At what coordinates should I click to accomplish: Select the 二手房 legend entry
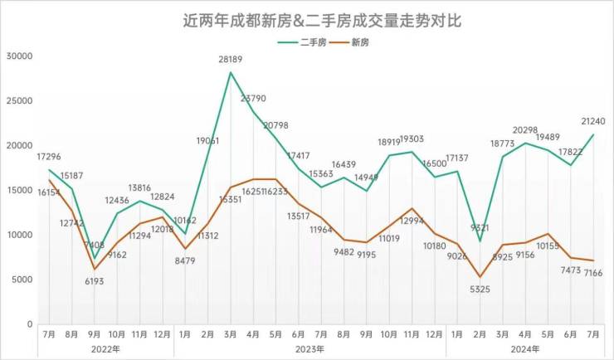pyautogui.click(x=302, y=41)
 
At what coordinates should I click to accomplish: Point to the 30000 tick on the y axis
pyautogui.click(x=18, y=56)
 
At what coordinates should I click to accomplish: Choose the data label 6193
pyautogui.click(x=96, y=282)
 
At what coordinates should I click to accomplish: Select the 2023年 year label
pyautogui.click(x=309, y=349)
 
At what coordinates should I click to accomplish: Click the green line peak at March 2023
pyautogui.click(x=231, y=72)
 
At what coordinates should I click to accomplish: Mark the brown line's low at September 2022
pyautogui.click(x=95, y=269)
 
